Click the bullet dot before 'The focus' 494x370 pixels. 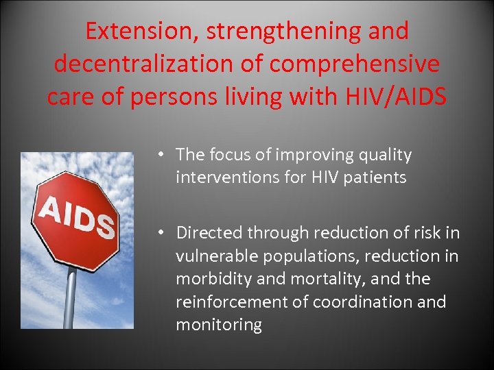159,156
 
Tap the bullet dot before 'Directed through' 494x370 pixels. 159,233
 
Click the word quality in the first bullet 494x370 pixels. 385,156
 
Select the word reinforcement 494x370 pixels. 228,301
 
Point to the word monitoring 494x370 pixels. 219,325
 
